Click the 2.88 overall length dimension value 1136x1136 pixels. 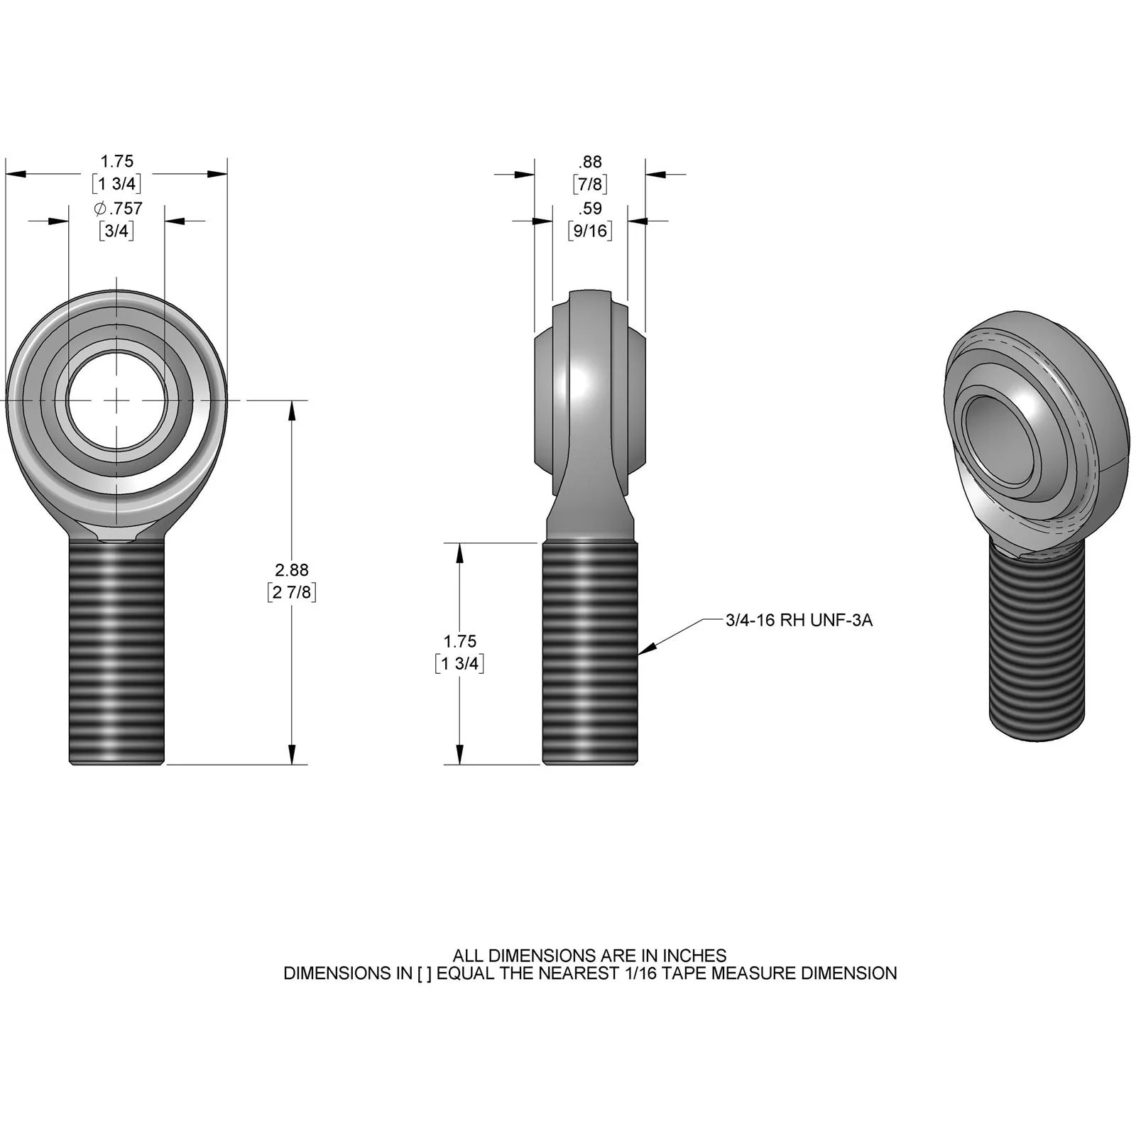tap(292, 570)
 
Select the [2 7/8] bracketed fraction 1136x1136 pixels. tap(292, 592)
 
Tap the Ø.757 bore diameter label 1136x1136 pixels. tap(118, 209)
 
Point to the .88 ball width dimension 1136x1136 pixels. tap(590, 162)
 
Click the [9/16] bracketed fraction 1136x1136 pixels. tap(590, 231)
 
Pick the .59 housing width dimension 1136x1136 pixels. tap(590, 209)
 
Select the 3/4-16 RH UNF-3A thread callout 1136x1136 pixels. tap(799, 621)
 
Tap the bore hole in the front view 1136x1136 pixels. tap(117, 400)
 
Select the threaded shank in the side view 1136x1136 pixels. tap(590, 653)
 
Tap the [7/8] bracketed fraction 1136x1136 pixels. tap(590, 185)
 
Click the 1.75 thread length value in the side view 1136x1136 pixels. tap(459, 642)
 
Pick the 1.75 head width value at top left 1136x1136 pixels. tap(117, 162)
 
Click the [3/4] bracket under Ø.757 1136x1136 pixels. tap(116, 231)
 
